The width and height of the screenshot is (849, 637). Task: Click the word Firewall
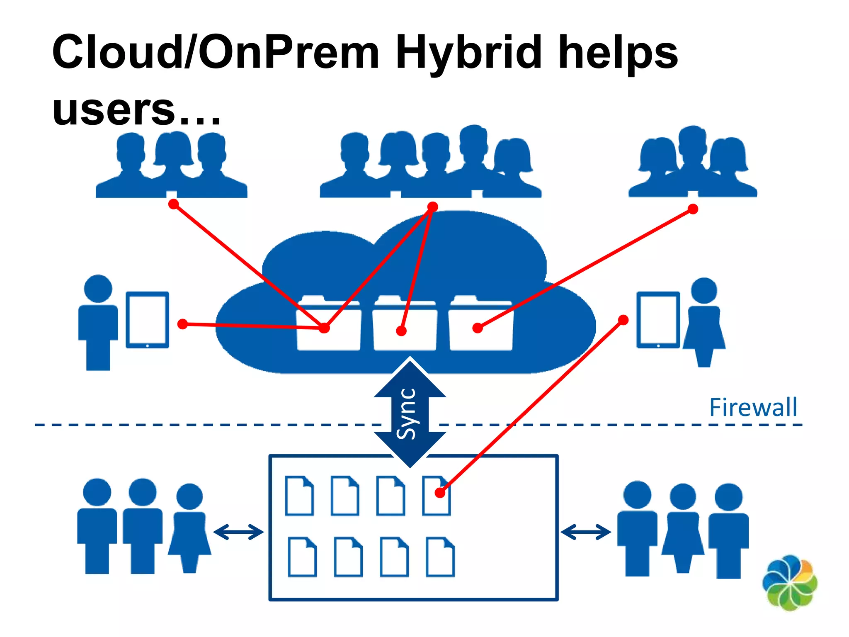point(753,407)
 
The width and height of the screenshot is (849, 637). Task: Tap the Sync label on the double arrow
point(406,413)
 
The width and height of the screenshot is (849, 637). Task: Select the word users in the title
point(114,109)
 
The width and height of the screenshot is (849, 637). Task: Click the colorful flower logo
point(790,583)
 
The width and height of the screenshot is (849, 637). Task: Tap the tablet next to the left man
point(148,319)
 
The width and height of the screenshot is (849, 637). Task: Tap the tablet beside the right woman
point(658,319)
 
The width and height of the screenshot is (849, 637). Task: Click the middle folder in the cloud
point(405,323)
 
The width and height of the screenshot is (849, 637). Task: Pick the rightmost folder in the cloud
point(481,323)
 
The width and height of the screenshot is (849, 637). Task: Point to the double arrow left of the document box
point(238,532)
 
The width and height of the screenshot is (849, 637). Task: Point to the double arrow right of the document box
point(585,532)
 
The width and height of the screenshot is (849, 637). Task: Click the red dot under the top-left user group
point(174,204)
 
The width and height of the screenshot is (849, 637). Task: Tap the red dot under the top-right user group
point(693,209)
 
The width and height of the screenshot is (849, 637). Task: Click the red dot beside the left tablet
point(182,324)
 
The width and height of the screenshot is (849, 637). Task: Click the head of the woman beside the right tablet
point(704,290)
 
